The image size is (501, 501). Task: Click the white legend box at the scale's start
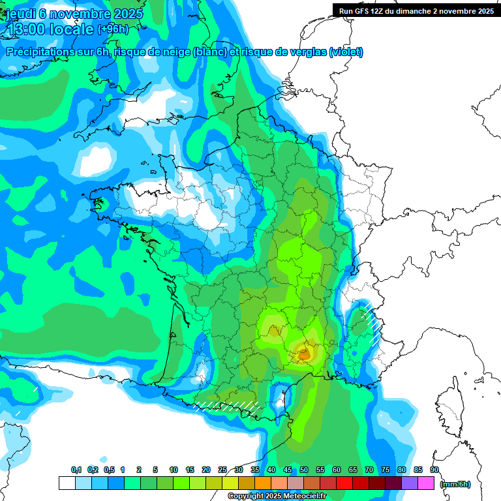coord(67,483)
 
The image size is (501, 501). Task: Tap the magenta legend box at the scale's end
coord(426,483)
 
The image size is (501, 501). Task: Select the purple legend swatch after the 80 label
coord(410,483)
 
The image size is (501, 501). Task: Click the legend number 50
coord(304,470)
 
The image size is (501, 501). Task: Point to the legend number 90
coord(434,470)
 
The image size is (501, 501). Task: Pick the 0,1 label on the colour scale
coord(76,470)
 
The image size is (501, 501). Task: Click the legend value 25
coord(222,470)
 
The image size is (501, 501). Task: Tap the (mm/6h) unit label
coord(455,484)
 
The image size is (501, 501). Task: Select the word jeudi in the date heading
coord(21,13)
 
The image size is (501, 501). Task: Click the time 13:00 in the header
coord(26,30)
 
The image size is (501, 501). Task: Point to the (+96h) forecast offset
coord(113,30)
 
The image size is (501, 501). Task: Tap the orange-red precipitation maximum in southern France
coord(304,355)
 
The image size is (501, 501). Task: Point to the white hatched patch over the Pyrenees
coord(228,405)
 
